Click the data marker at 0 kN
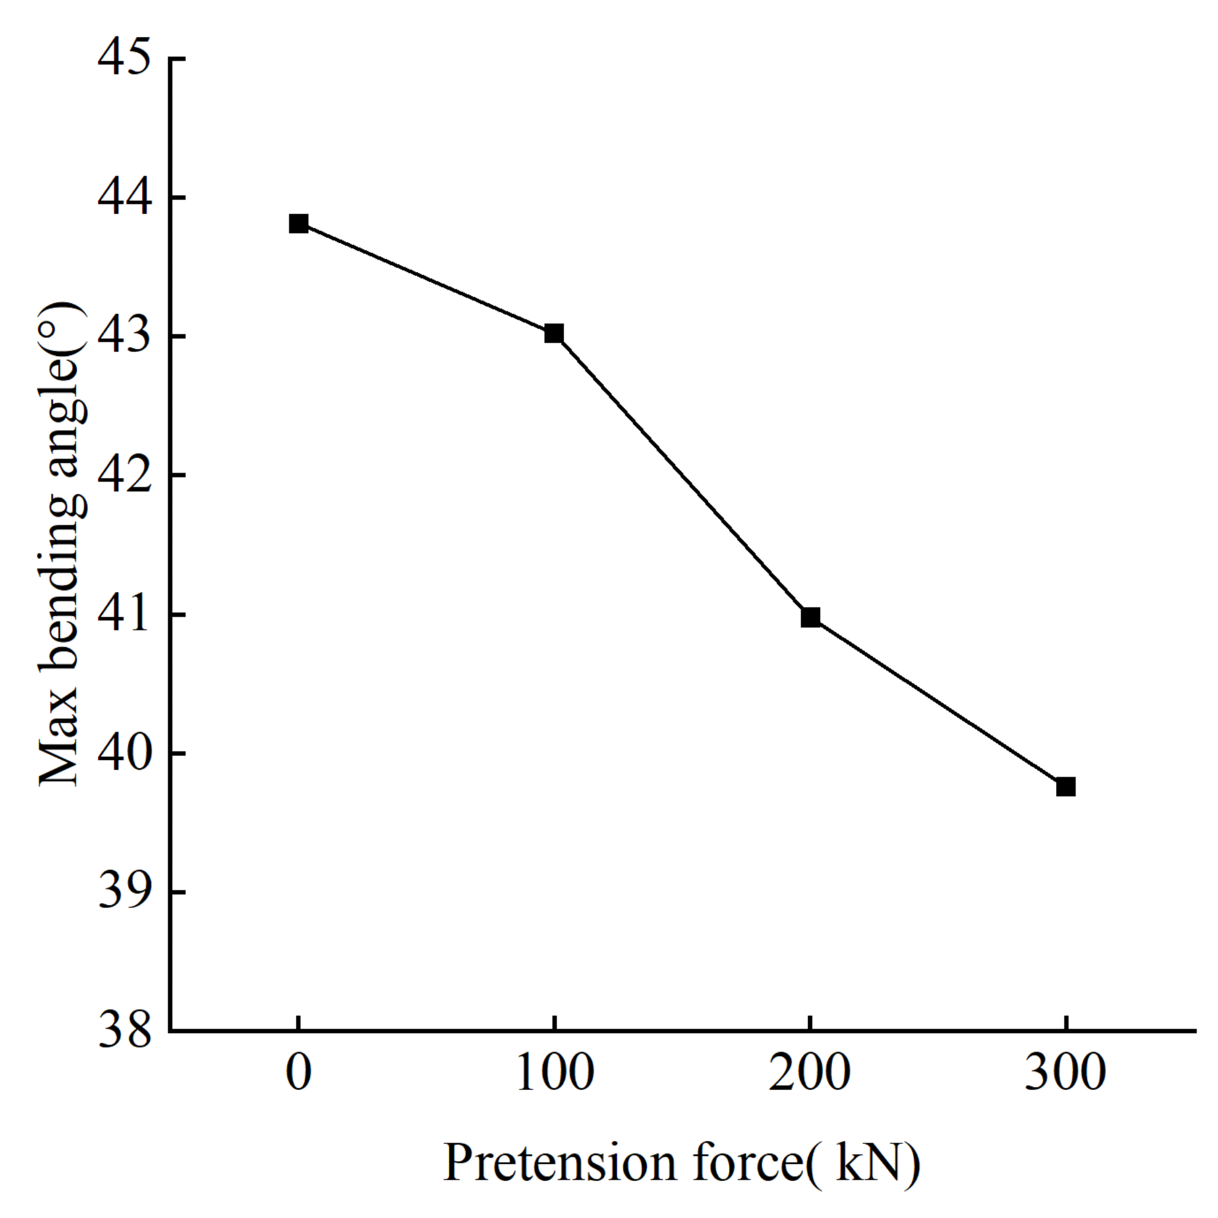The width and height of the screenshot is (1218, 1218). (x=298, y=224)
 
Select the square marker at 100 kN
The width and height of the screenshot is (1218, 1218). (x=554, y=334)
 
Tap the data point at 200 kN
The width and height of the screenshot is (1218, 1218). (x=810, y=617)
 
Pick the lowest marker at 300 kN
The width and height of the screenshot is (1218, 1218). (x=1065, y=787)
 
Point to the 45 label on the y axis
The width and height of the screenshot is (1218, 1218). (x=125, y=59)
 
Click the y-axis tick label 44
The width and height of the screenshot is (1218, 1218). (x=125, y=198)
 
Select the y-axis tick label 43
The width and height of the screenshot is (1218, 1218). (x=125, y=337)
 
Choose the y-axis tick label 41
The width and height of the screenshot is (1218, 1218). (x=125, y=614)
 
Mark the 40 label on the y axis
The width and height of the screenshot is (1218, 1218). (x=125, y=753)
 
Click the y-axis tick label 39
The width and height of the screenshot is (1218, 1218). (x=125, y=893)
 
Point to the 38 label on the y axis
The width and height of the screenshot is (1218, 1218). (x=125, y=1031)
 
